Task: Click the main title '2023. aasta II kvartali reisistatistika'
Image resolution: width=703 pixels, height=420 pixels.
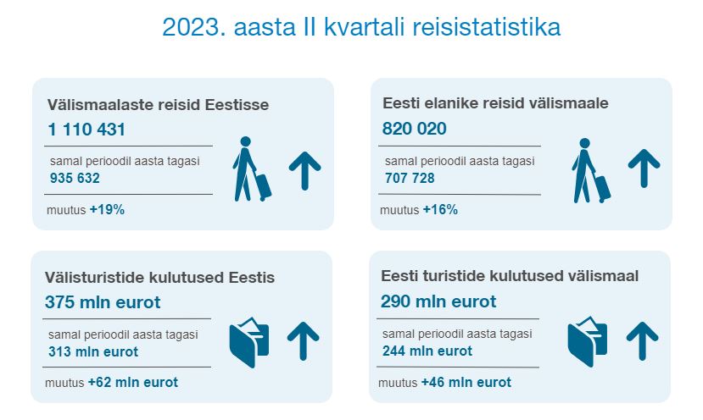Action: coord(361,27)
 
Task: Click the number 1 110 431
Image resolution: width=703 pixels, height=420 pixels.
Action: coord(86,130)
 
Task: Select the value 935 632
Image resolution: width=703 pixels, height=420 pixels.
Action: coord(75,178)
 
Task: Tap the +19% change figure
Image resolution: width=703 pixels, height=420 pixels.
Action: coord(107,209)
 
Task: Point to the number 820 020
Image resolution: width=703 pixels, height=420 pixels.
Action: coord(415,129)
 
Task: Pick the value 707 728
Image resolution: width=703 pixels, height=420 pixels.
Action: coord(410,178)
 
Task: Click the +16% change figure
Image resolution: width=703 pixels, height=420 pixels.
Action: coord(440,209)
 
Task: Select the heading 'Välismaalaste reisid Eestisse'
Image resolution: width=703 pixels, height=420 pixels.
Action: coord(159,105)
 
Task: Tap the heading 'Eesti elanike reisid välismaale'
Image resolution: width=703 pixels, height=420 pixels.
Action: coord(495,103)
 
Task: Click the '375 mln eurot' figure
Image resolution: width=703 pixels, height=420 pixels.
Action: coord(103,302)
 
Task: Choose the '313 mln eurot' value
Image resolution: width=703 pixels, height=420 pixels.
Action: coord(93,351)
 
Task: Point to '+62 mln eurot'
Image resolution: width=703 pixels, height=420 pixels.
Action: coord(133,383)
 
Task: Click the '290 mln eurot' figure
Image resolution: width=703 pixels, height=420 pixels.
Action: coord(438,301)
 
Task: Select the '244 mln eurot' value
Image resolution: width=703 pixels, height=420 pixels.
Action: coord(427,351)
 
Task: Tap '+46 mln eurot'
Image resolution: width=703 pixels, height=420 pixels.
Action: coord(466,383)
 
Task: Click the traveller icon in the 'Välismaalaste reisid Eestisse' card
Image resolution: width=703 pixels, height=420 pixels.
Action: coord(252,169)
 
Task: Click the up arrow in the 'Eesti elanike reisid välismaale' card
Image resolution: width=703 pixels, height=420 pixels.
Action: coord(644,169)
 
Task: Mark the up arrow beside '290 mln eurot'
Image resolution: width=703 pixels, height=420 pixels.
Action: coord(643,341)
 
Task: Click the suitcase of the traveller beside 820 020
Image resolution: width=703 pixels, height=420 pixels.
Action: coord(602,189)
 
